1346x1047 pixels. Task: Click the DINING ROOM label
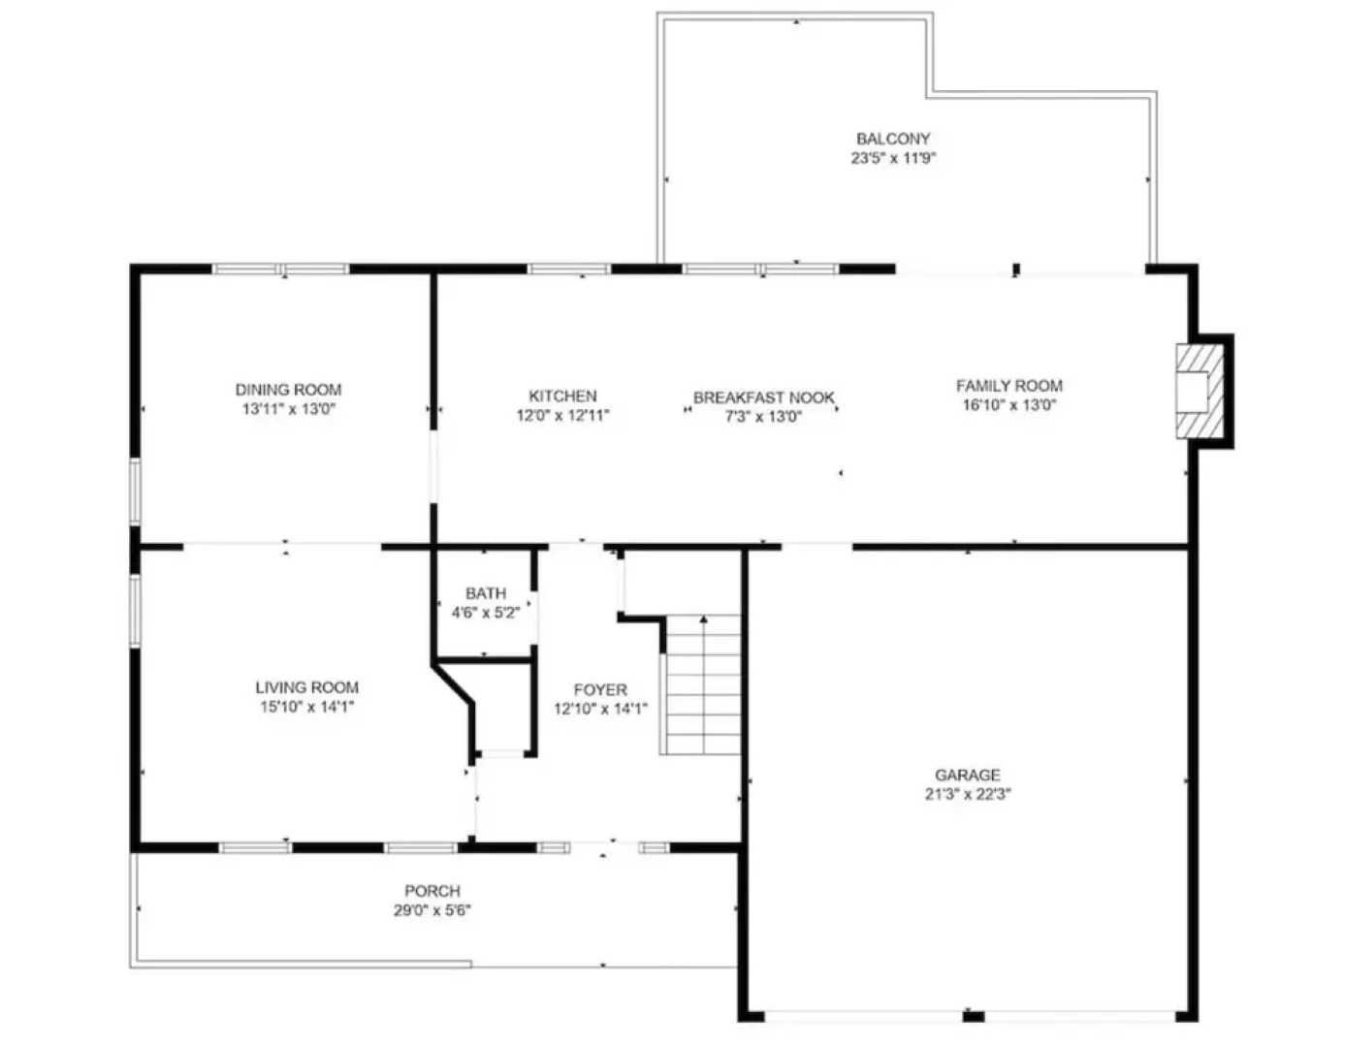tap(288, 390)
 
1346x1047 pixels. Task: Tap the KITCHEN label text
tap(562, 396)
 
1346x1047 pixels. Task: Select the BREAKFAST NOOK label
tap(764, 397)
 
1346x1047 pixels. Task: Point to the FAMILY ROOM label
tap(1009, 385)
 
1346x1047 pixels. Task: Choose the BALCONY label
tap(893, 139)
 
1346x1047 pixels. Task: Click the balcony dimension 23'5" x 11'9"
tap(893, 158)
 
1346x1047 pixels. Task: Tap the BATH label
tap(485, 593)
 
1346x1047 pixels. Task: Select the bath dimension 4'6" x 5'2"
tap(485, 613)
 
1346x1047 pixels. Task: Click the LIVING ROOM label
tap(306, 687)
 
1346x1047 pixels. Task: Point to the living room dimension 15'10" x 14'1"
tap(306, 707)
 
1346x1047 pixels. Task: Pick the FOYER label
tap(600, 689)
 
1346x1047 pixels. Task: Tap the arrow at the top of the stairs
tap(703, 619)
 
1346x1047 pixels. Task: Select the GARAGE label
tap(967, 775)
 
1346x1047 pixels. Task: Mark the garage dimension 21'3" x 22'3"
tap(967, 794)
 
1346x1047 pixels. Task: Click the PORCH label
tap(433, 891)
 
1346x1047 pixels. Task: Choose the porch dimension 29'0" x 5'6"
tap(433, 910)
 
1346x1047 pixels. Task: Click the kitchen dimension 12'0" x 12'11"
tap(562, 416)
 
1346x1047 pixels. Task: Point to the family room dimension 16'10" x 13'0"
tap(1009, 405)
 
